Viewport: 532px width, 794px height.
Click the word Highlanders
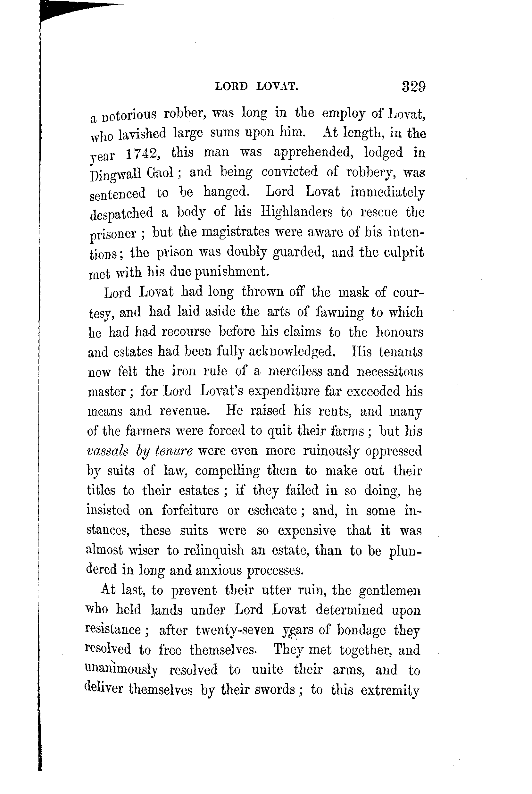[296, 212]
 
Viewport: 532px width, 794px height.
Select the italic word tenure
[173, 451]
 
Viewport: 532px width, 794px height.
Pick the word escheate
[272, 510]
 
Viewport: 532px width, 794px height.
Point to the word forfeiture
[190, 510]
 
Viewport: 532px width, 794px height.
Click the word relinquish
[214, 550]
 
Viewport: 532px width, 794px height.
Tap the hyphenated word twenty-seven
[235, 630]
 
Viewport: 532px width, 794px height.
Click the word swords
[275, 689]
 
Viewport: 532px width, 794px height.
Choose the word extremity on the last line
[390, 690]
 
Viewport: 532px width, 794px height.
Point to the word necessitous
[390, 371]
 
